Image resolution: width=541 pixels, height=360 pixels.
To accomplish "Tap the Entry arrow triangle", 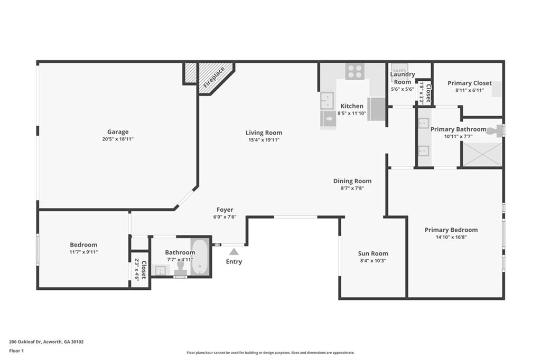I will (234, 252).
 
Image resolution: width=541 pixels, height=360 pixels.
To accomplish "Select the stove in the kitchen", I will (355, 71).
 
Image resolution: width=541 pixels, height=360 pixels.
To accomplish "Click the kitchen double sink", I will (328, 100).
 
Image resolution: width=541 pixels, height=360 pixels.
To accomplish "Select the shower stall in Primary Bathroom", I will (482, 154).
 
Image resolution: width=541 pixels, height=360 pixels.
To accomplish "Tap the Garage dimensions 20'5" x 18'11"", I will (118, 139).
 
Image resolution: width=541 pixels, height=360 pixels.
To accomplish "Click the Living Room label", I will (264, 132).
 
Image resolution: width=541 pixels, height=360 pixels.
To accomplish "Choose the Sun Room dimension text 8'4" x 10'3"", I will (373, 261).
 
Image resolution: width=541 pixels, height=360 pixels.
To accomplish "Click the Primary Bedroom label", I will (451, 230).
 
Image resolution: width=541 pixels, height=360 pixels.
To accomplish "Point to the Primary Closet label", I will (469, 83).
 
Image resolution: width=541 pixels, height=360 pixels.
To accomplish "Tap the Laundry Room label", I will (403, 78).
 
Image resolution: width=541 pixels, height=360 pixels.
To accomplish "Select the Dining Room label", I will (352, 181).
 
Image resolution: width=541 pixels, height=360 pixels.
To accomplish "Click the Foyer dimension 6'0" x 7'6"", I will (225, 217).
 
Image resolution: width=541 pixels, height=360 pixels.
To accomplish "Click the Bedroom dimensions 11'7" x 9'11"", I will (83, 252).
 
